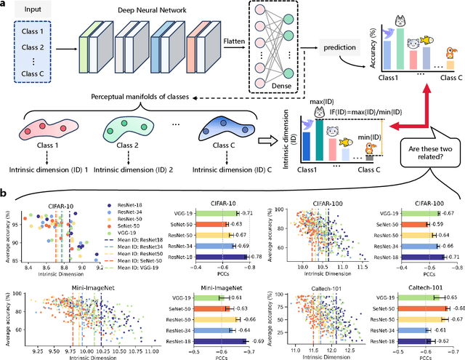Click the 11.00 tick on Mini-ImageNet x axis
pos(150,351)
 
